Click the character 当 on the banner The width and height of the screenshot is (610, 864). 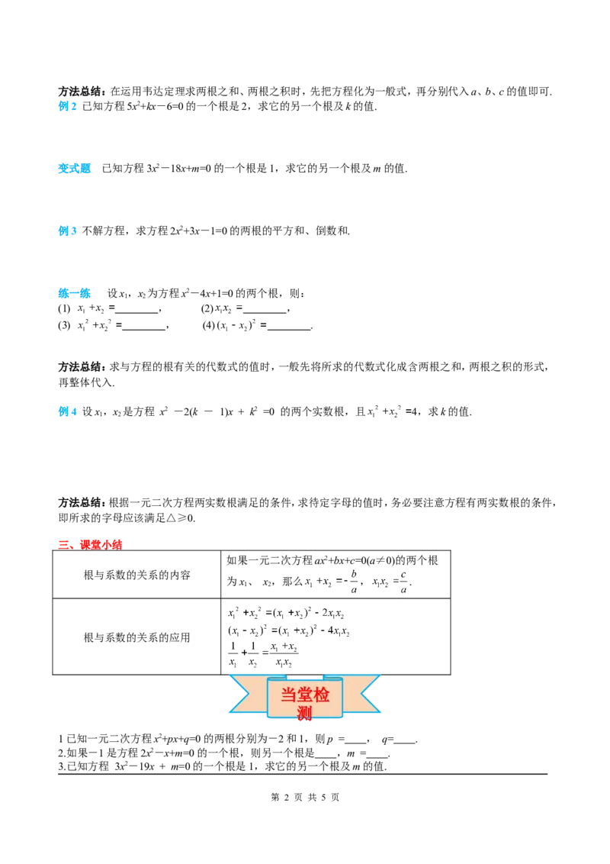[289, 695]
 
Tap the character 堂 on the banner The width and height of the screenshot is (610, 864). [305, 695]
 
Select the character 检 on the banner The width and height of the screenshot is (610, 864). [322, 695]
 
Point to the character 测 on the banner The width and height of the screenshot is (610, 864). [305, 714]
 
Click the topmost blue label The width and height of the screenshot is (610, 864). [66, 107]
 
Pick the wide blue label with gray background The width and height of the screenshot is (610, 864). [73, 168]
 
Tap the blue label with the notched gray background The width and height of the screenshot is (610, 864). [67, 230]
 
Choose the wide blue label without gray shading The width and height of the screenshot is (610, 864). [73, 292]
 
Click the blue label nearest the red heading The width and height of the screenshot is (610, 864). [67, 412]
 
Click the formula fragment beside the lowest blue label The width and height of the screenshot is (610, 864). [387, 413]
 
